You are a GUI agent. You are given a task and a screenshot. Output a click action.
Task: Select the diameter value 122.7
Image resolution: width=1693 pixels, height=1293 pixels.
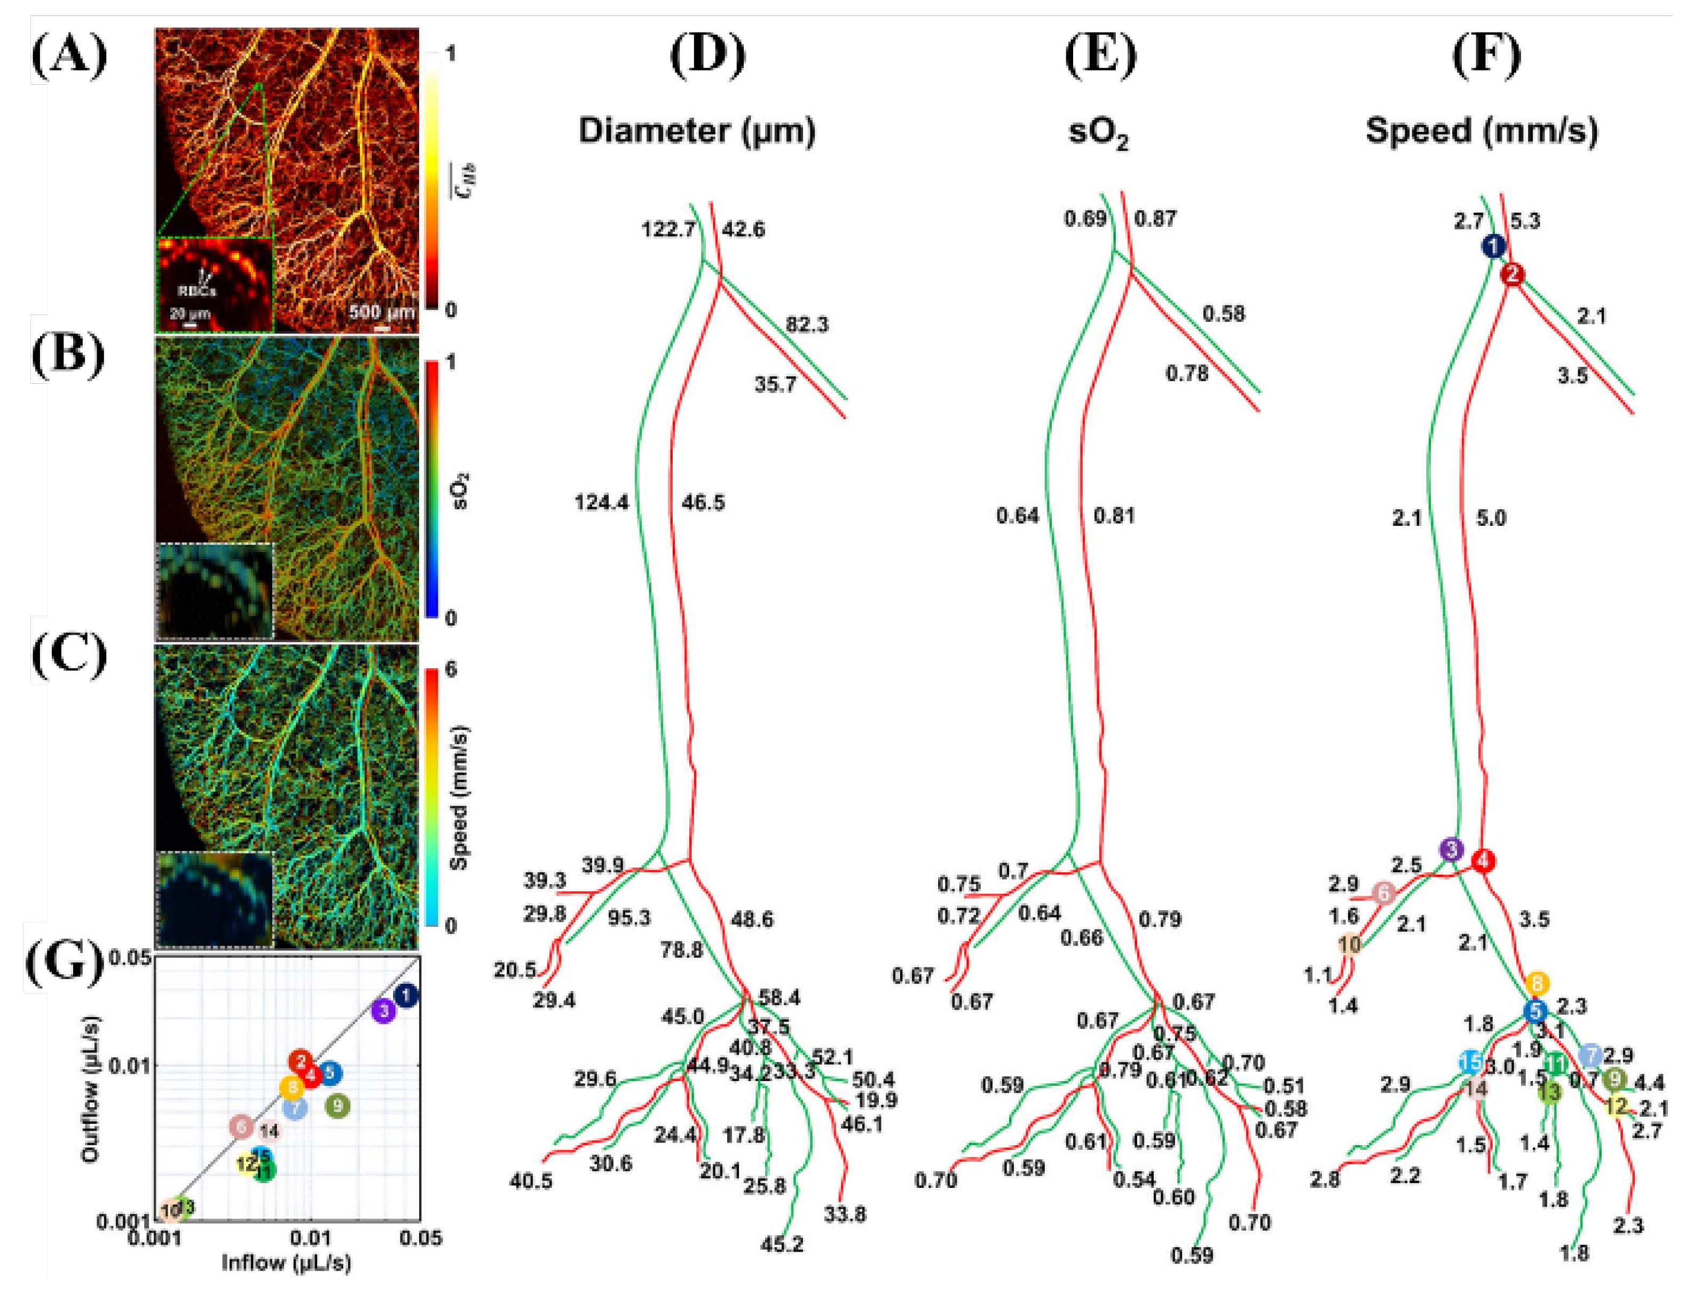pos(668,230)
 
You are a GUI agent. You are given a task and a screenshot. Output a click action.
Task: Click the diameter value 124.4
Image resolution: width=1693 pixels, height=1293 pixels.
pos(601,503)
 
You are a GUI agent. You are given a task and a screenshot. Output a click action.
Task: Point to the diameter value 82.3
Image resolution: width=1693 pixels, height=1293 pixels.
pos(807,325)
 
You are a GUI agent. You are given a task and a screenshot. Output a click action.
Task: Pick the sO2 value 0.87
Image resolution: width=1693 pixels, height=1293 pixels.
pos(1155,219)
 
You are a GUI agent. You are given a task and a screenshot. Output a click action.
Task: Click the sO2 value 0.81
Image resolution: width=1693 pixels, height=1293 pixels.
pos(1114,516)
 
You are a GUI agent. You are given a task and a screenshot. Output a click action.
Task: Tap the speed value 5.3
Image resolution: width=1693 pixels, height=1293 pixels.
pos(1524,222)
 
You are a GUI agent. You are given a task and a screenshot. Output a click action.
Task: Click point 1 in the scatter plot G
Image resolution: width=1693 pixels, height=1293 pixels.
pos(406,996)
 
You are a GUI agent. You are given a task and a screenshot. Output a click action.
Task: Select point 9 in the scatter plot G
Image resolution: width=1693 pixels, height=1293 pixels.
pos(337,1107)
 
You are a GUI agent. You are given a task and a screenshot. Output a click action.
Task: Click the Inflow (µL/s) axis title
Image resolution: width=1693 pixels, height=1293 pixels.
pos(286,1263)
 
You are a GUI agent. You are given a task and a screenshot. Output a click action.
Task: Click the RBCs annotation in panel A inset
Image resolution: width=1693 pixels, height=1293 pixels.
pos(198,291)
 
